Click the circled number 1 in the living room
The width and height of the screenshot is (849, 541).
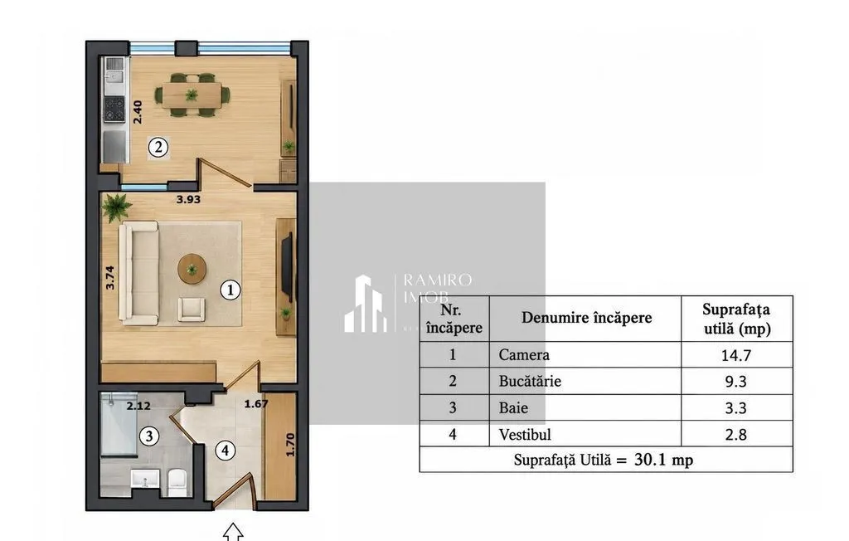pyautogui.click(x=230, y=290)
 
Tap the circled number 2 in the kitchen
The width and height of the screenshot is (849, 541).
pyautogui.click(x=158, y=147)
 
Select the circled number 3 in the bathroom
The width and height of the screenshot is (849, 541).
pyautogui.click(x=149, y=436)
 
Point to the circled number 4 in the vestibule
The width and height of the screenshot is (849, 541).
pyautogui.click(x=225, y=450)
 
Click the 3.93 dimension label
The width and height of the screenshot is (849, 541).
pyautogui.click(x=188, y=199)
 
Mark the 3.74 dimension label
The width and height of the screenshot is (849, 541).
pyautogui.click(x=110, y=277)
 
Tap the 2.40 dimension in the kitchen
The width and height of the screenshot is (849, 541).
pyautogui.click(x=138, y=112)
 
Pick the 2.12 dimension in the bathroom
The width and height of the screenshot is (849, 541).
pyautogui.click(x=138, y=406)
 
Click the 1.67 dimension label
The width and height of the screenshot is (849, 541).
pyautogui.click(x=256, y=404)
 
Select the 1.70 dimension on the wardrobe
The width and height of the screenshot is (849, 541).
pyautogui.click(x=290, y=445)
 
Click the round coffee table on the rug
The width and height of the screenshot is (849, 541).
pyautogui.click(x=192, y=269)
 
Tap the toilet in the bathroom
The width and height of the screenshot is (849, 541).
pyautogui.click(x=177, y=482)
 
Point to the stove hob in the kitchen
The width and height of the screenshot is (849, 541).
pyautogui.click(x=114, y=109)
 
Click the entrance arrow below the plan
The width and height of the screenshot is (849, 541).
pyautogui.click(x=233, y=532)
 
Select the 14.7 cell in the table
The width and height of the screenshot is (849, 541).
pyautogui.click(x=736, y=355)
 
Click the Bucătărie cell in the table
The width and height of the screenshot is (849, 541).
pyautogui.click(x=530, y=381)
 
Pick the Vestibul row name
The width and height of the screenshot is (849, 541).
pyautogui.click(x=525, y=434)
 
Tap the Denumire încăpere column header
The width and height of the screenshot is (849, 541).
pyautogui.click(x=586, y=318)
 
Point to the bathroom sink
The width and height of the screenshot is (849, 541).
pyautogui.click(x=145, y=480)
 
